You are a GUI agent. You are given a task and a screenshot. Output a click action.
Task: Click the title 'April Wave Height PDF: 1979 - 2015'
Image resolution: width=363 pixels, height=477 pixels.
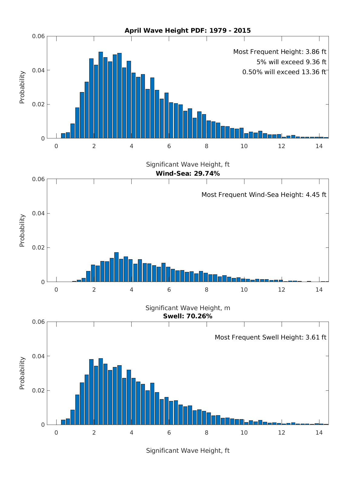click(188, 31)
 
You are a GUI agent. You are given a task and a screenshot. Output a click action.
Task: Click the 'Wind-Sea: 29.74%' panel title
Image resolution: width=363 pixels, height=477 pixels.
click(188, 174)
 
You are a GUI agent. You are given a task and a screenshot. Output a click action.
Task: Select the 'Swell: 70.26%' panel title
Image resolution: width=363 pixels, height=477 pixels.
click(188, 316)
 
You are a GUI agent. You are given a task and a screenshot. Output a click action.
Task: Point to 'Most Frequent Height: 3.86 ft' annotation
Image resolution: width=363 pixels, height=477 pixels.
click(280, 52)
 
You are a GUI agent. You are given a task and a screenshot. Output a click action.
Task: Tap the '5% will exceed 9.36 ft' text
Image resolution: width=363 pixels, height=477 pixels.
click(291, 62)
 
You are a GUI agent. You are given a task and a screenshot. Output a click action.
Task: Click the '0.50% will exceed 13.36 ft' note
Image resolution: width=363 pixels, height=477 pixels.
click(284, 72)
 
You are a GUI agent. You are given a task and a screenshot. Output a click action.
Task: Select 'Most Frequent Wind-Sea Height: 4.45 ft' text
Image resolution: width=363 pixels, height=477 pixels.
click(264, 195)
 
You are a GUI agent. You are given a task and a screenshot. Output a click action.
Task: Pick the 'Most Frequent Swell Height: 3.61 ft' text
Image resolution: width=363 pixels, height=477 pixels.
click(270, 337)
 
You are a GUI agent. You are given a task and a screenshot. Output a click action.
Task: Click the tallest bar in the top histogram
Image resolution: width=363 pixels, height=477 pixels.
click(101, 95)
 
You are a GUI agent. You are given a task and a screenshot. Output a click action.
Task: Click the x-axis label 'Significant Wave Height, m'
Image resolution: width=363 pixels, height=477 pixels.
click(188, 308)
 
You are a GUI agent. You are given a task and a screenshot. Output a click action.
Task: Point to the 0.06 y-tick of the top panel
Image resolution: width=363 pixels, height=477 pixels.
click(38, 36)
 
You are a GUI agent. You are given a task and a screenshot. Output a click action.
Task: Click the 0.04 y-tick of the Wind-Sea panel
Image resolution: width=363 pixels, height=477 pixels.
click(38, 213)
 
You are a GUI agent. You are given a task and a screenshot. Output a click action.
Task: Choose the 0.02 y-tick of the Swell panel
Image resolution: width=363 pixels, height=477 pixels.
click(38, 390)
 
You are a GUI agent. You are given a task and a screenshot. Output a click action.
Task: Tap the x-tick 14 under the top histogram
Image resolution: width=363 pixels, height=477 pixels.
click(319, 146)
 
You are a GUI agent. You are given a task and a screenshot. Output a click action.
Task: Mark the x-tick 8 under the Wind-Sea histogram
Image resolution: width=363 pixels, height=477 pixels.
click(207, 290)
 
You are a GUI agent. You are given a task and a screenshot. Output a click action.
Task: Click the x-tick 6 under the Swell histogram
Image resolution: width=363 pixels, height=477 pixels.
click(169, 432)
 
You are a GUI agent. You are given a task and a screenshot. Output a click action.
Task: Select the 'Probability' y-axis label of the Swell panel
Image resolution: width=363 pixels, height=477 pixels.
click(22, 373)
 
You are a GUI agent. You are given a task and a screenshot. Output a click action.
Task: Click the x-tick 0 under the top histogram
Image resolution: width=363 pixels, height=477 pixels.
click(56, 146)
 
